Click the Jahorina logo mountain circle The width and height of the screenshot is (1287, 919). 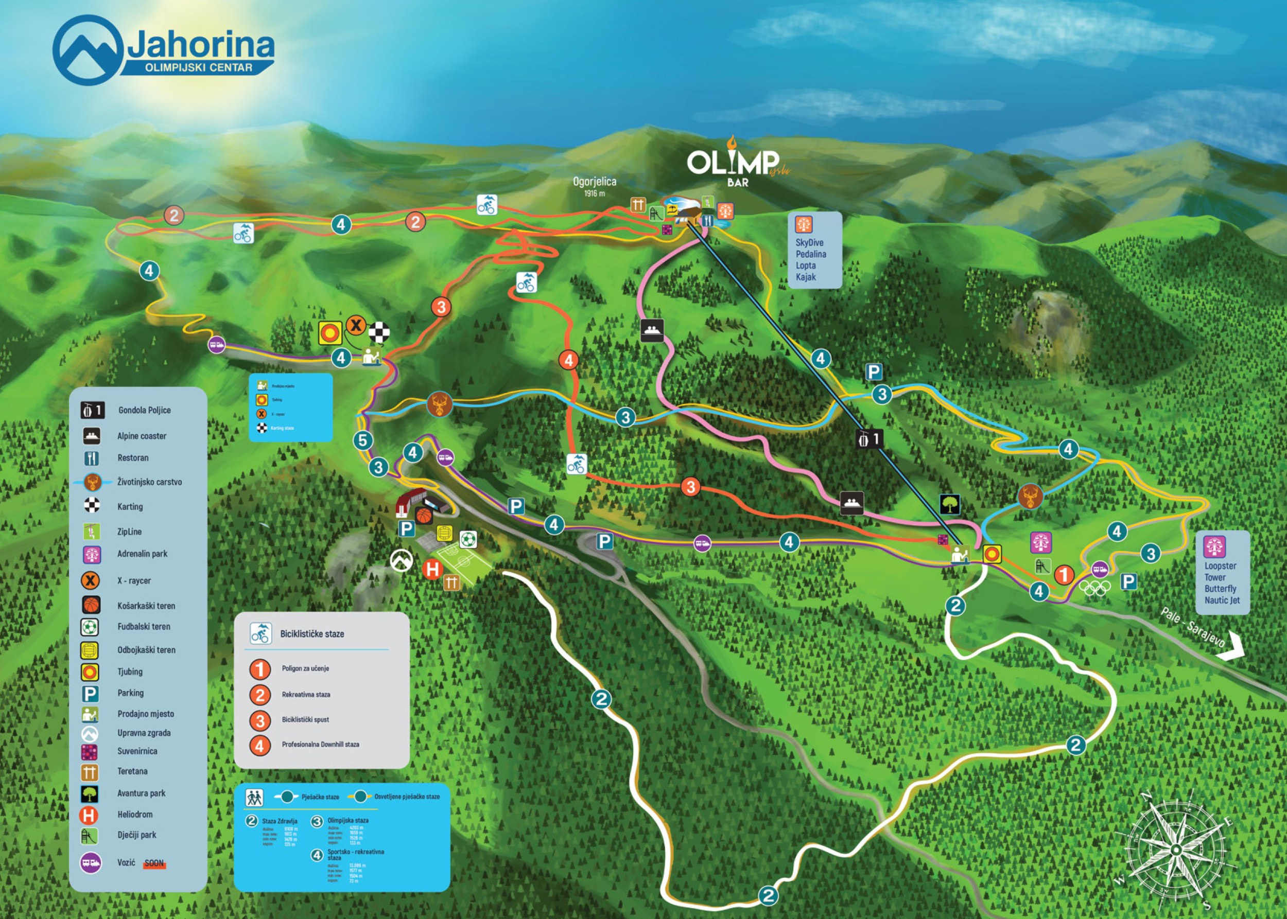88,50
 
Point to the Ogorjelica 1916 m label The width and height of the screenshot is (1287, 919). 595,186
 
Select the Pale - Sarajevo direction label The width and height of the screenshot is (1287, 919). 1192,628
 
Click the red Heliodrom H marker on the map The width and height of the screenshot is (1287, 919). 432,569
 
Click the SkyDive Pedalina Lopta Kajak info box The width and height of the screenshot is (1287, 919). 814,251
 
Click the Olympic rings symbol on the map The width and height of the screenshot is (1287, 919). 1094,589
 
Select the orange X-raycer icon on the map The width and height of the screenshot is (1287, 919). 356,325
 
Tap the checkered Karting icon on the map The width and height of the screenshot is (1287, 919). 379,332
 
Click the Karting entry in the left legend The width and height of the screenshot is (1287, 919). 130,506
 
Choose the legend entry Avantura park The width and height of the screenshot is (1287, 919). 141,793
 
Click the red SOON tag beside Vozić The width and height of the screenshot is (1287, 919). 154,863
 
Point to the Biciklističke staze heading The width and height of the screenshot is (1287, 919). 312,634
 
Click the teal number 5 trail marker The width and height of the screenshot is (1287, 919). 363,440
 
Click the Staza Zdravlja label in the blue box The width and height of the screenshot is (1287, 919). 279,821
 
